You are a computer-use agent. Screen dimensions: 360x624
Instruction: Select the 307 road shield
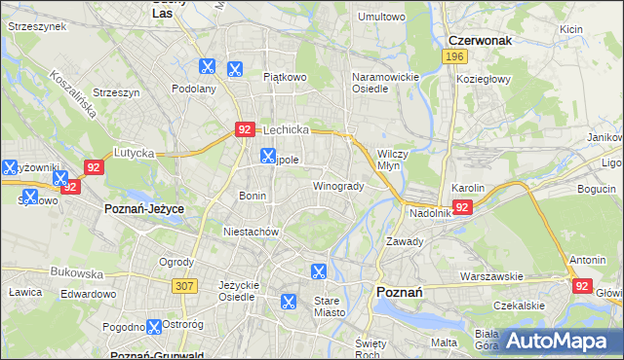pos(184,285)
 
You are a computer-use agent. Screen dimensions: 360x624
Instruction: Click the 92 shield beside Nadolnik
pos(462,207)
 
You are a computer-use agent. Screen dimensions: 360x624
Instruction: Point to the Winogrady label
pos(338,186)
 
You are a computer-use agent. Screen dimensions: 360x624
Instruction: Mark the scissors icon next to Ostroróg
pos(153,328)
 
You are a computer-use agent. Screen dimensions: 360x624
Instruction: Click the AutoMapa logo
pos(563,342)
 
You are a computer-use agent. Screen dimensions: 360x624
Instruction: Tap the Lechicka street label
pos(286,128)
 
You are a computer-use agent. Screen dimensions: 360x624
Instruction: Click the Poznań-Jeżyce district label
pos(144,209)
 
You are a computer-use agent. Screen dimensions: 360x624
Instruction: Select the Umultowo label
pos(381,17)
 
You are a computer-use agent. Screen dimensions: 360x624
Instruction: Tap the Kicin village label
pos(571,29)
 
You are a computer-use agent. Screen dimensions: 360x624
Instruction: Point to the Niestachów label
pos(252,232)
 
